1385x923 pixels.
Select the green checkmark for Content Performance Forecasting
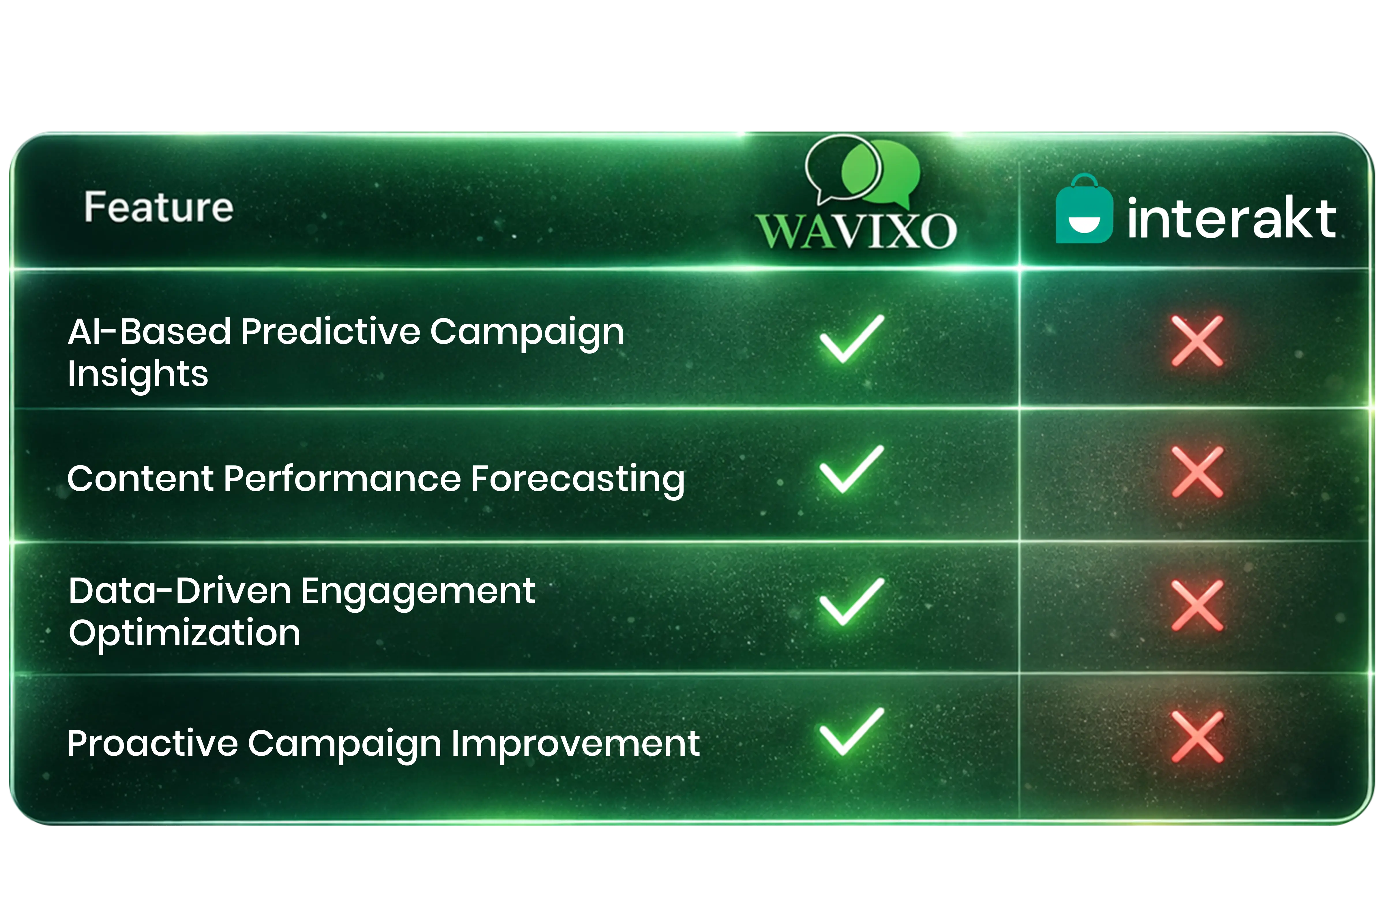(851, 469)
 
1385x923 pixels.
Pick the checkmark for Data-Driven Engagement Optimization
(851, 602)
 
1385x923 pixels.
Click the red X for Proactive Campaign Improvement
(1197, 736)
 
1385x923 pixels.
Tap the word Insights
(138, 374)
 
